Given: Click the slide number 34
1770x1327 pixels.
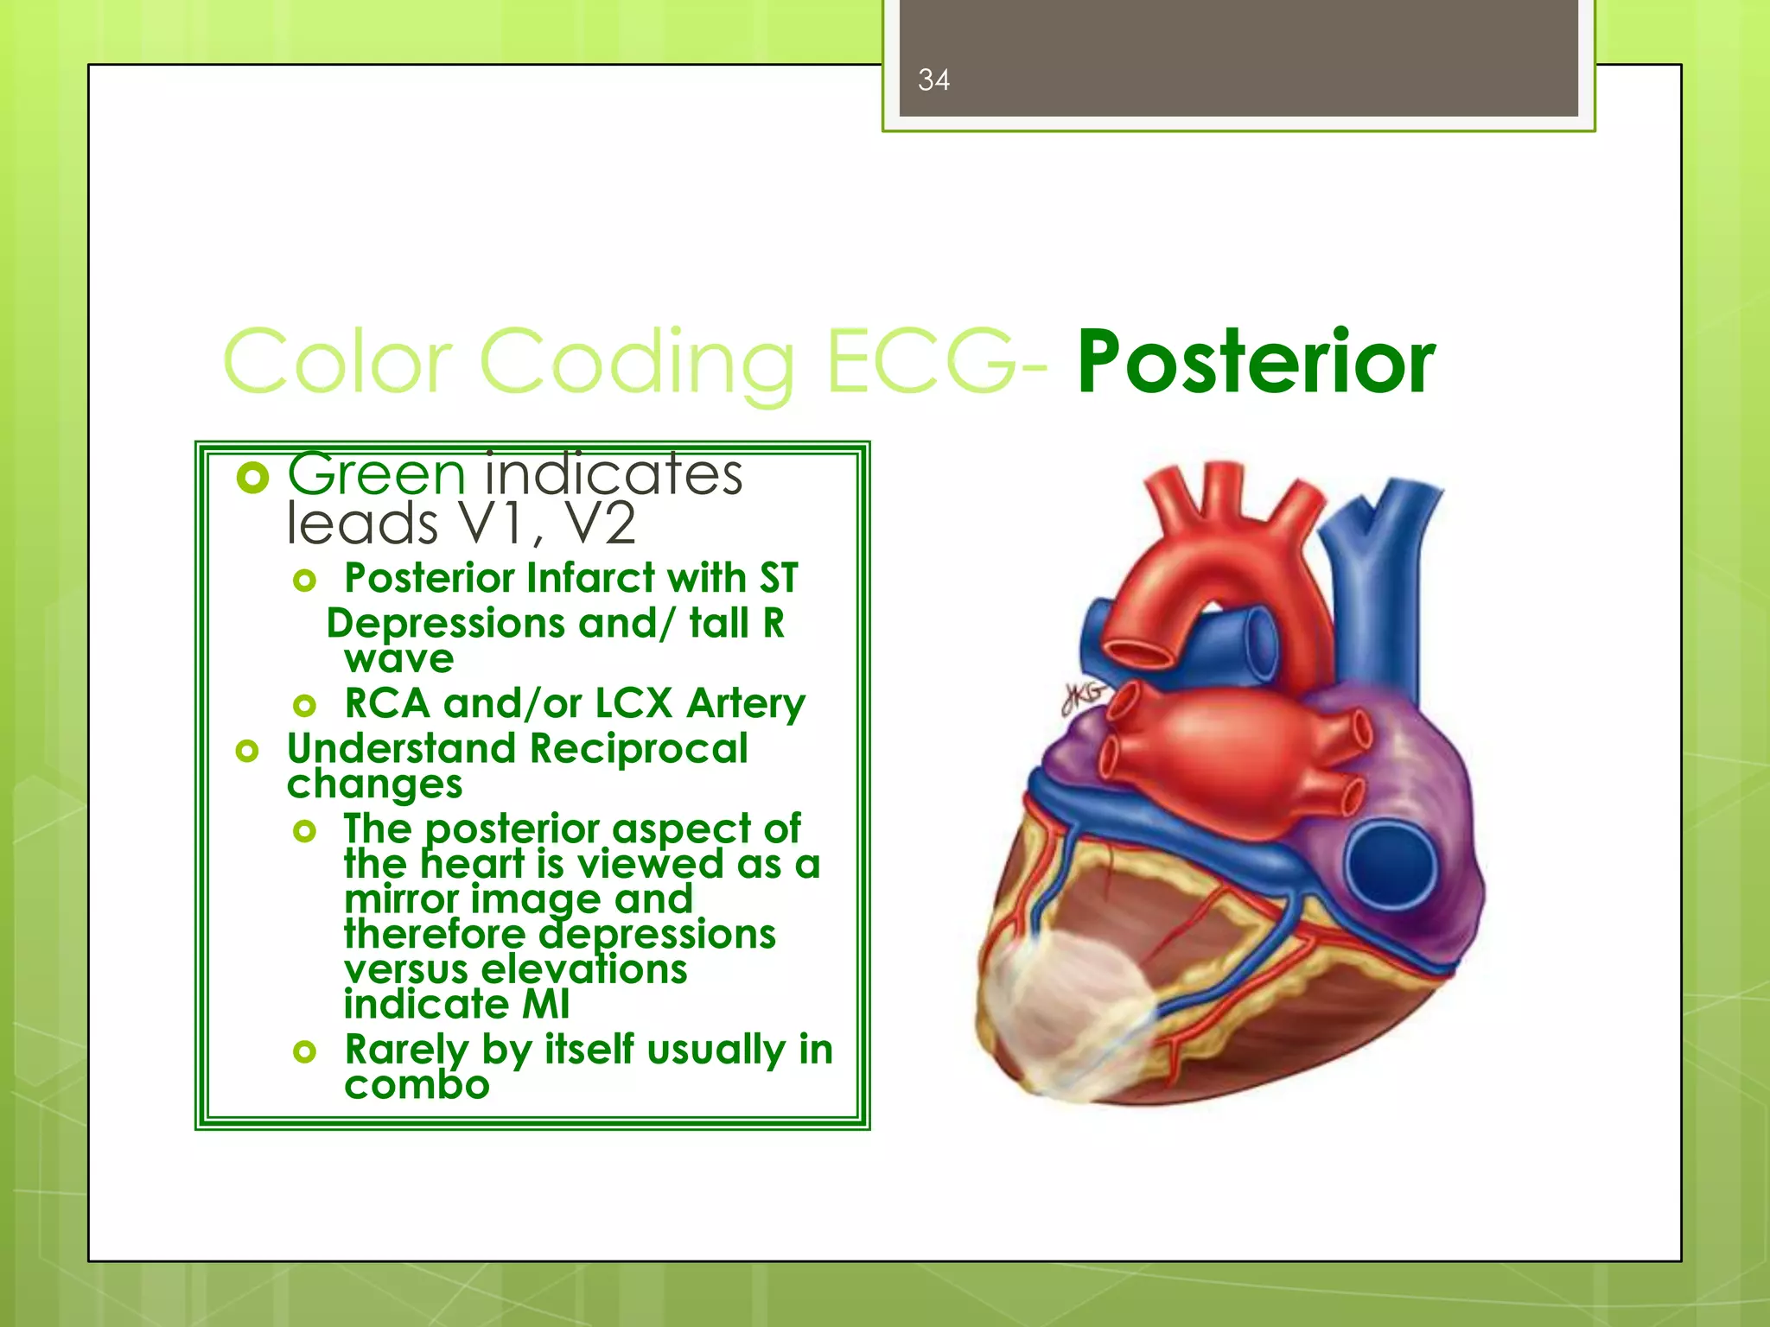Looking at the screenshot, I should (933, 80).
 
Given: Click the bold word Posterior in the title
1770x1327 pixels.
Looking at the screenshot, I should (1256, 363).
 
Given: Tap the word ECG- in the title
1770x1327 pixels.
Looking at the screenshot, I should (937, 361).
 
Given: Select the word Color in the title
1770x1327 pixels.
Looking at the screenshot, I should (338, 361).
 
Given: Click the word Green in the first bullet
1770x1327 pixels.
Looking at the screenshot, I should (376, 475).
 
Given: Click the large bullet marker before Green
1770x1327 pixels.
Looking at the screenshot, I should (252, 477).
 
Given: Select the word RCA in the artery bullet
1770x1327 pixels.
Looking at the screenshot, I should (386, 703).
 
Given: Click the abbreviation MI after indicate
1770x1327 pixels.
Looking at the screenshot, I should (545, 1005).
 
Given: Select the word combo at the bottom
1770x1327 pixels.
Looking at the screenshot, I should (417, 1085).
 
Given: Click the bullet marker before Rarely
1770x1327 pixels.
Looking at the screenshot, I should (304, 1051).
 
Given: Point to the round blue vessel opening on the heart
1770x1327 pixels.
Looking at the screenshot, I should (1389, 865).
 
